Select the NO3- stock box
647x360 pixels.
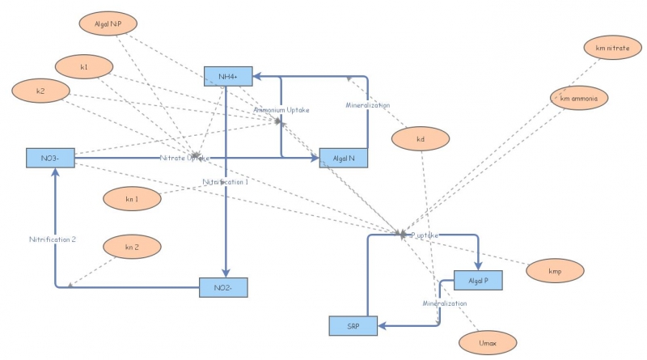tap(49, 158)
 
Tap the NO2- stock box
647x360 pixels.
tap(223, 287)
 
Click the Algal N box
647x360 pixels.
tap(344, 158)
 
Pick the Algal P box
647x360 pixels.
tap(479, 281)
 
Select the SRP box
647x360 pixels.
tap(353, 325)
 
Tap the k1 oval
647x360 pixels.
tap(84, 66)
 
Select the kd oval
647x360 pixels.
tap(421, 139)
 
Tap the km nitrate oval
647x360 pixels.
tap(611, 49)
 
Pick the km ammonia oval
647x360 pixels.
tap(578, 98)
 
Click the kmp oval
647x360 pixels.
tap(555, 270)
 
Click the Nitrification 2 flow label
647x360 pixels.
tap(53, 239)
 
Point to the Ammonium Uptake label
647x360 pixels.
tap(281, 109)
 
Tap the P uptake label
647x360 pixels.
tap(425, 235)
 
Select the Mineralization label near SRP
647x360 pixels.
tap(444, 303)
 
